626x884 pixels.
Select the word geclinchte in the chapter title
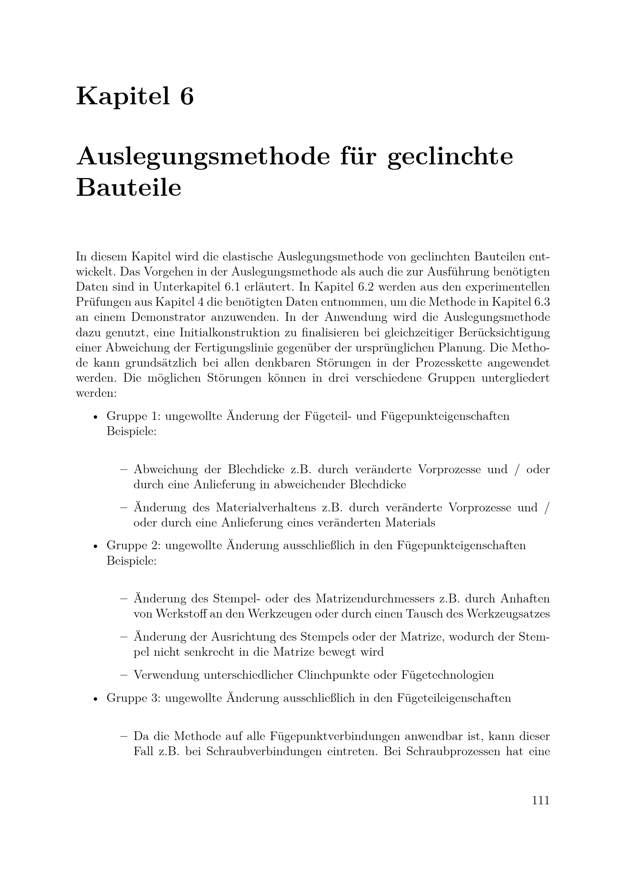(x=450, y=157)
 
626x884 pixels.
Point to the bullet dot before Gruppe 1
(x=95, y=417)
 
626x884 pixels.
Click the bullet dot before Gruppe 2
(x=95, y=547)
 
